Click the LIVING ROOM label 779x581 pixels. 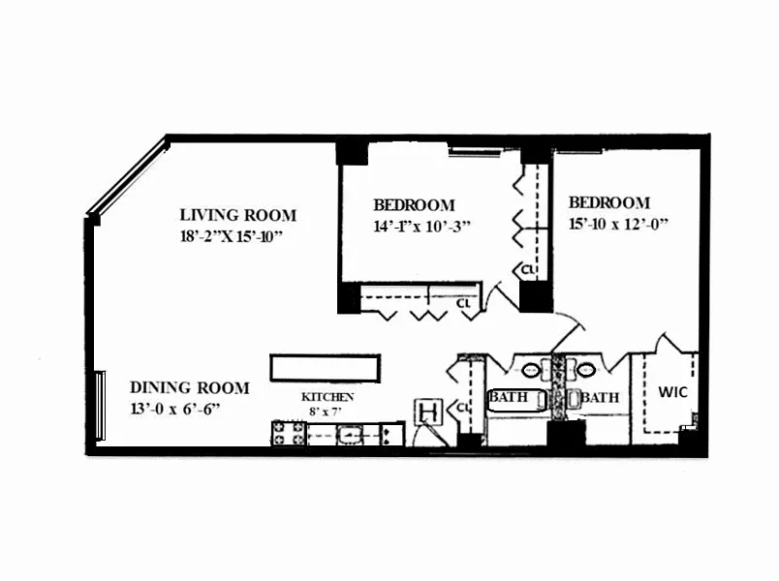click(238, 215)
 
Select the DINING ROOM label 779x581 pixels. click(190, 387)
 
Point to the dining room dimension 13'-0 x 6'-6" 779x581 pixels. click(176, 408)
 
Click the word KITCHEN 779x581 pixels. click(327, 397)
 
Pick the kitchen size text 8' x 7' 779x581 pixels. click(327, 412)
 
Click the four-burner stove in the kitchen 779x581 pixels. click(288, 434)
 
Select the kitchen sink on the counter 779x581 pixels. click(349, 434)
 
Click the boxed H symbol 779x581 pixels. click(426, 413)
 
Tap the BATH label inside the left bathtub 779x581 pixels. click(508, 397)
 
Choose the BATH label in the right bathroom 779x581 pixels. click(600, 397)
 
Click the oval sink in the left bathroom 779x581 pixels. click(532, 369)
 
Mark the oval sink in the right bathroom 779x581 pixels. click(586, 369)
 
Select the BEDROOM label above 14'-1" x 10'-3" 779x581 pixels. click(414, 205)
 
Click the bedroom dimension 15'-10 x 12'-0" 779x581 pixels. click(620, 224)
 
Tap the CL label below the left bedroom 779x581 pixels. click(465, 302)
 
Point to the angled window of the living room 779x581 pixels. click(126, 177)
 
